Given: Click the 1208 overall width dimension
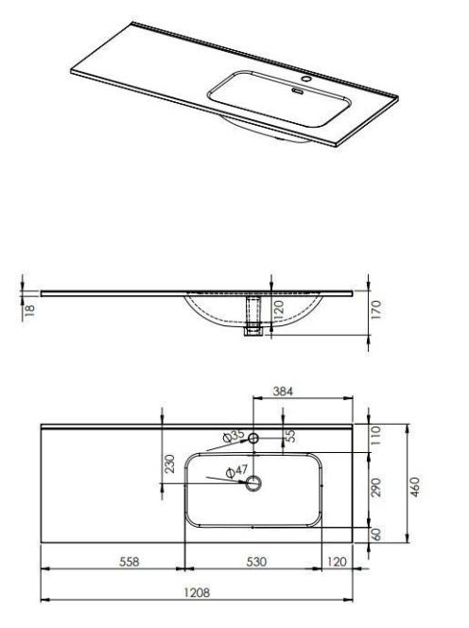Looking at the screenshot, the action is coord(197,592).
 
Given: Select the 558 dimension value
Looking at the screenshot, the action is coord(130,562).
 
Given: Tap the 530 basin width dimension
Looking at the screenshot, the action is coord(256,562).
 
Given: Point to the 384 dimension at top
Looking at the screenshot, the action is coord(283,391).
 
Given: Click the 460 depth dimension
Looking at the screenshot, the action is coord(416,487).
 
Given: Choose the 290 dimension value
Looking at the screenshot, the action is coord(375,487).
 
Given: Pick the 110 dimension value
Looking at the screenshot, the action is coord(375,435).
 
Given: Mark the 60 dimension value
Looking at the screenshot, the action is coord(376,534).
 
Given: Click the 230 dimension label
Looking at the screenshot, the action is coord(170,463).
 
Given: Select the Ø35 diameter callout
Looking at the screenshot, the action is coord(234,435).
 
